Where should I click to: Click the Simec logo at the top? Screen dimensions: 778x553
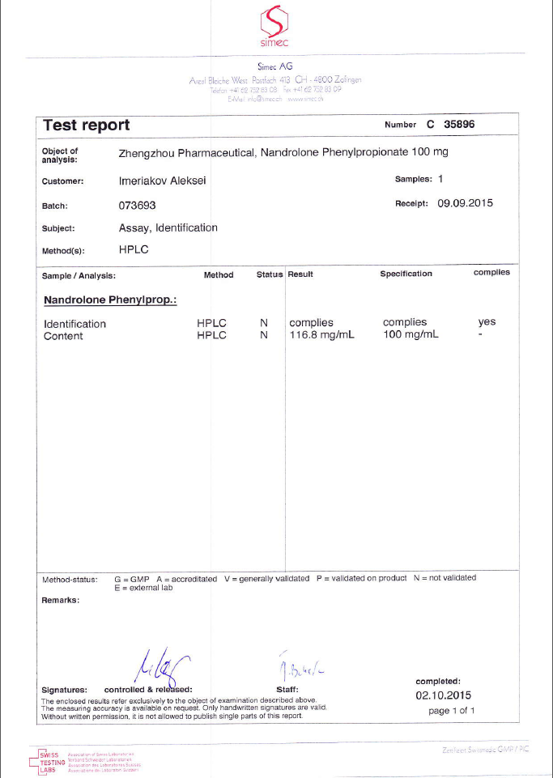pyautogui.click(x=275, y=26)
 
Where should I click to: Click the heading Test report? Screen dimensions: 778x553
pyautogui.click(x=86, y=125)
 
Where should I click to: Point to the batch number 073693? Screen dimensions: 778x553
pyautogui.click(x=136, y=206)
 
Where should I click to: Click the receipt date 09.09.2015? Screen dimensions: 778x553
pyautogui.click(x=465, y=203)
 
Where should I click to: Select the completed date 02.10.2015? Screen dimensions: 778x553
pyautogui.click(x=443, y=695)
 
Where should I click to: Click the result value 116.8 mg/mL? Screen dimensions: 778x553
pyautogui.click(x=321, y=336)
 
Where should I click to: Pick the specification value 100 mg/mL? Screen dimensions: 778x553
pyautogui.click(x=410, y=336)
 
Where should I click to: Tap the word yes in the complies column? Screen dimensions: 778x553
pyautogui.click(x=487, y=322)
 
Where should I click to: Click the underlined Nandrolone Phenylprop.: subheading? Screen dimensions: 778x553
pyautogui.click(x=110, y=300)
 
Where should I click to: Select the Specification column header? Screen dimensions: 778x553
pyautogui.click(x=406, y=274)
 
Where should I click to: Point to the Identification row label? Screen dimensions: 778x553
pyautogui.click(x=74, y=324)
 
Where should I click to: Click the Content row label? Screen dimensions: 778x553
pyautogui.click(x=63, y=336)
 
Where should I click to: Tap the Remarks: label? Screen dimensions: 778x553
pyautogui.click(x=60, y=601)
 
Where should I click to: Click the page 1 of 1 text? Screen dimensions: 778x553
pyautogui.click(x=451, y=710)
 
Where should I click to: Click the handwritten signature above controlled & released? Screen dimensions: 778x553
pyautogui.click(x=160, y=667)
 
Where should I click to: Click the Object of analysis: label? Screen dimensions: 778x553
pyautogui.click(x=60, y=155)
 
